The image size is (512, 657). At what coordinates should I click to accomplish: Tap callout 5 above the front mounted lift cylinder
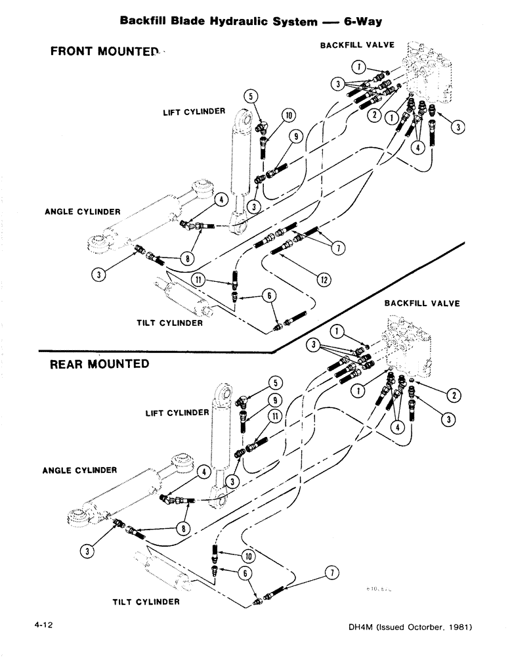click(249, 96)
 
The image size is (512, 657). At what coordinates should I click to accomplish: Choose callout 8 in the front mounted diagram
click(189, 259)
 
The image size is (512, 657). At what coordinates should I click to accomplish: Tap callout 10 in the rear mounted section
click(250, 556)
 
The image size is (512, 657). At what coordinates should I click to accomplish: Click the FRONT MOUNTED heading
click(104, 52)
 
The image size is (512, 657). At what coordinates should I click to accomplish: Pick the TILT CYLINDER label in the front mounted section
click(169, 323)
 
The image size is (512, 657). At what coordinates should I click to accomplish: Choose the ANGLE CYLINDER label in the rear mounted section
click(79, 470)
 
